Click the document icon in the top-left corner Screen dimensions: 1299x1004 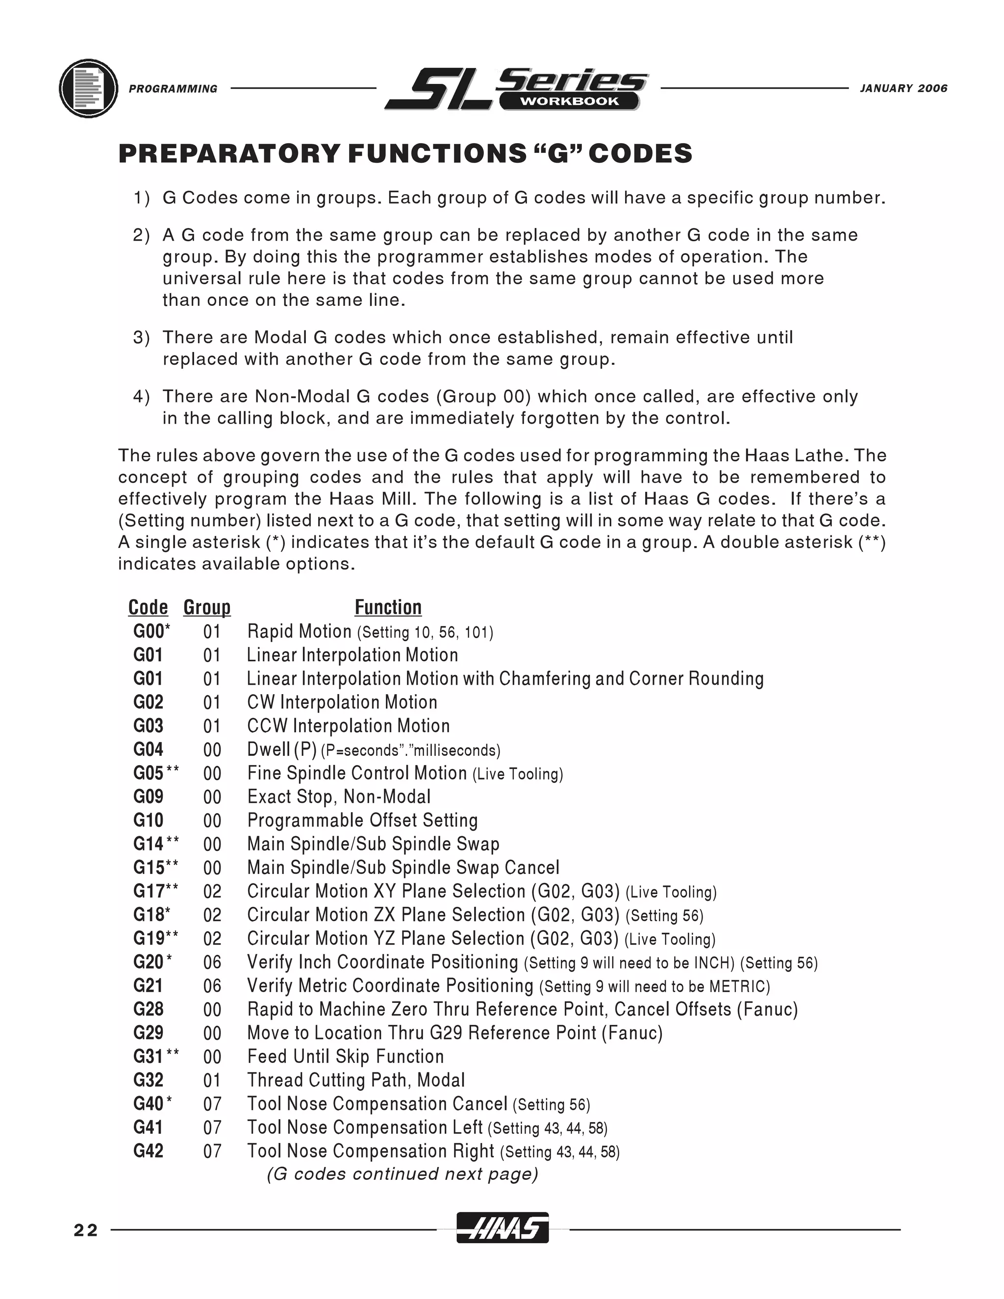[x=89, y=88]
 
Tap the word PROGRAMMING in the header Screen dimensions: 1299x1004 [x=173, y=89]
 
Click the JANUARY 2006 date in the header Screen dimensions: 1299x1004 [x=904, y=89]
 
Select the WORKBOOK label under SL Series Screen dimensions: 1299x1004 [x=569, y=101]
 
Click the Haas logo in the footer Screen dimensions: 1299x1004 [x=502, y=1228]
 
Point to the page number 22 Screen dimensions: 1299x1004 [x=86, y=1230]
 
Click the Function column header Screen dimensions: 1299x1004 [x=388, y=607]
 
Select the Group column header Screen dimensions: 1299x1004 [x=206, y=607]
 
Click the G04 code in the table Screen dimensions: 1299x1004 [x=148, y=749]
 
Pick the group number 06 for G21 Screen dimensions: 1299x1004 [x=212, y=986]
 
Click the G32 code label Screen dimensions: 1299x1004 [x=148, y=1080]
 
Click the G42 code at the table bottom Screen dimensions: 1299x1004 [x=148, y=1151]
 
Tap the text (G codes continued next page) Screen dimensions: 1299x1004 [x=402, y=1174]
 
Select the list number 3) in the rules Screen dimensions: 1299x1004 [x=141, y=338]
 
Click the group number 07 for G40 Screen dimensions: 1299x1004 [x=212, y=1104]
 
